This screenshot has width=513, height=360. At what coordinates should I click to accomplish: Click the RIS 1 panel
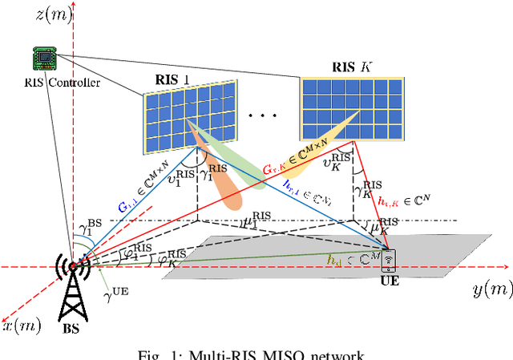(x=191, y=117)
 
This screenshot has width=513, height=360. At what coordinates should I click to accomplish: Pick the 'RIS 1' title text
(x=176, y=79)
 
